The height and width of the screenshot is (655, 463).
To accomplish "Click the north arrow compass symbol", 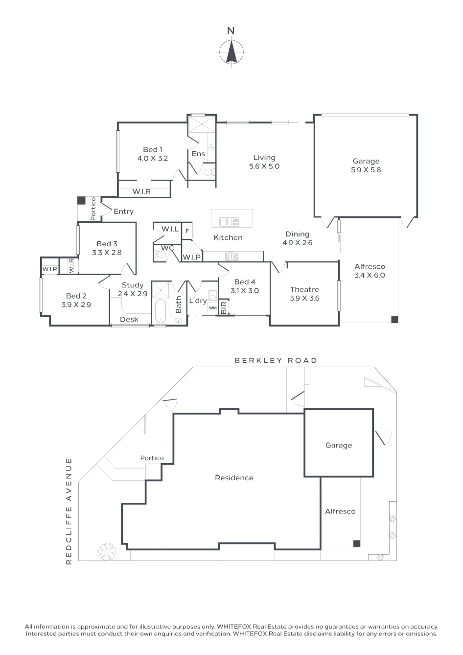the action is (231, 52).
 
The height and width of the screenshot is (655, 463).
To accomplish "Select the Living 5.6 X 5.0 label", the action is (264, 162).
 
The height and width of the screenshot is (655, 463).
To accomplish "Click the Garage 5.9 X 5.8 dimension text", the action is (366, 170).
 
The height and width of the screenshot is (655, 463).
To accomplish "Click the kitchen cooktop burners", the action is (231, 256).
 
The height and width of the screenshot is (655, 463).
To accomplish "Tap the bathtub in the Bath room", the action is (160, 310).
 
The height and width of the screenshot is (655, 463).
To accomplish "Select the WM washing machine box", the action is (213, 308).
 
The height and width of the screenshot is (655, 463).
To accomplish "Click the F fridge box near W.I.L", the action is (187, 231).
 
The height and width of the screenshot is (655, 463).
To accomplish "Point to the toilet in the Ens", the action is (209, 172).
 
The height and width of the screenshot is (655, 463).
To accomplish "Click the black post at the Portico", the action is (81, 200).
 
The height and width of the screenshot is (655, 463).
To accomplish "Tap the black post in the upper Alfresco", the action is (394, 319).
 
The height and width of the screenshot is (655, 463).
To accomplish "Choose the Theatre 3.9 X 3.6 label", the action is (304, 294).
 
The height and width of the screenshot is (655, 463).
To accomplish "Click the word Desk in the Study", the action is (129, 319).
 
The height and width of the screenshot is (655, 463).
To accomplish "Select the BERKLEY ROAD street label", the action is (276, 360).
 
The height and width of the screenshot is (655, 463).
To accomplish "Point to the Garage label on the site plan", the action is (339, 445).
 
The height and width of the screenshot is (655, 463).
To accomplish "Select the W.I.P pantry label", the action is (192, 257).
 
